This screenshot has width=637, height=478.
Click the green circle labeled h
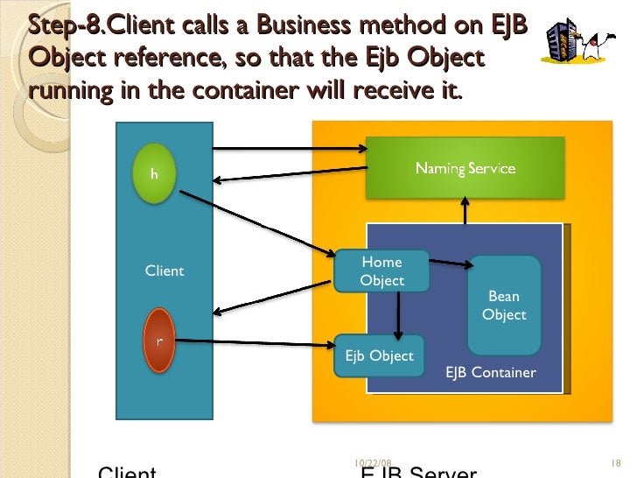[154, 173]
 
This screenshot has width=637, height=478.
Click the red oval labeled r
[158, 340]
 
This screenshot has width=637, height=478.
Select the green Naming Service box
[465, 168]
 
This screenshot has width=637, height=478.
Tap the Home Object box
[381, 271]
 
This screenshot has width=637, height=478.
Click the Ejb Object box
[379, 355]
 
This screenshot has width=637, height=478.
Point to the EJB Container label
[490, 372]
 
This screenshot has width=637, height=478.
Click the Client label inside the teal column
[164, 271]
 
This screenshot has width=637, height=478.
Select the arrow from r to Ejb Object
[254, 342]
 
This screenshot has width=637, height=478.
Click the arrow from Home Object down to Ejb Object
[398, 313]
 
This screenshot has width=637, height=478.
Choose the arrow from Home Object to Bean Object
[450, 261]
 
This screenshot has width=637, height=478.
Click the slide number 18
[613, 462]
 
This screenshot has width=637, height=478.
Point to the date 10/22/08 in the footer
[373, 462]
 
